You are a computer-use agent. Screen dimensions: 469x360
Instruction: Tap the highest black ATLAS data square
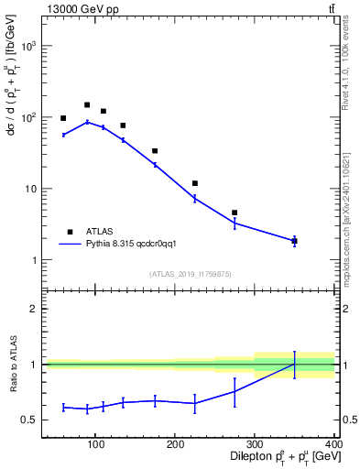coord(87,105)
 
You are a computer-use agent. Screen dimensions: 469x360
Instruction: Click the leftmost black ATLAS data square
coord(63,118)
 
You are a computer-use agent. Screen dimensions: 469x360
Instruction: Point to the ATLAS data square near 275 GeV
coord(235,213)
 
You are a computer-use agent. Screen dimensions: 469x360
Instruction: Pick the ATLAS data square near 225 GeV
coord(195,183)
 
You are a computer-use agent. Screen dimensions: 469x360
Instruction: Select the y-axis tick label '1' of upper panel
coord(35,260)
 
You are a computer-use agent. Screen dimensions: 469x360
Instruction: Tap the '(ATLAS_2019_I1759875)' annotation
coord(190,273)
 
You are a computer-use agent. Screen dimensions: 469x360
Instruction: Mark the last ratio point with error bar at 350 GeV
coord(294,365)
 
